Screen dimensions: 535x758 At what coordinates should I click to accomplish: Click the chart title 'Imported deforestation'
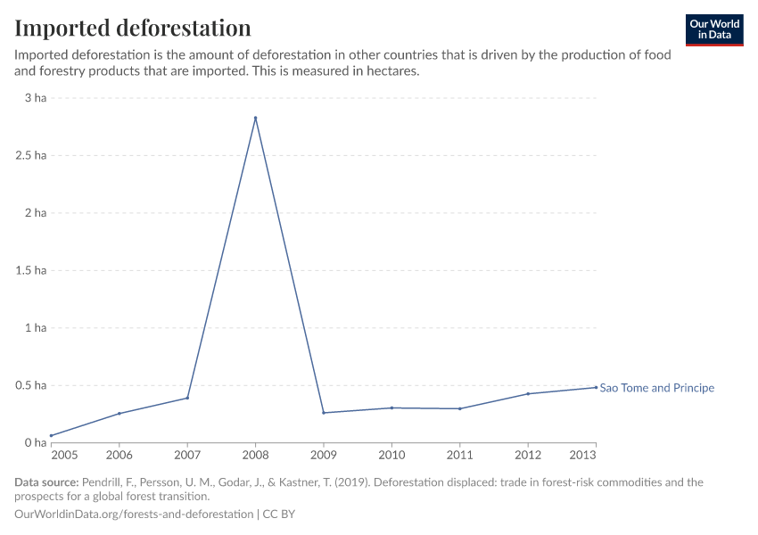click(x=133, y=28)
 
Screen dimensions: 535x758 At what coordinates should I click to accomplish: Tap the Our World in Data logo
click(x=713, y=29)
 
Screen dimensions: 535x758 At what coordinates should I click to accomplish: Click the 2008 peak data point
click(x=255, y=118)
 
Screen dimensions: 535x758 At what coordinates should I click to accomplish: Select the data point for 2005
click(x=51, y=436)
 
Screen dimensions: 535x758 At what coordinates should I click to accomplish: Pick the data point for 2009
click(x=324, y=413)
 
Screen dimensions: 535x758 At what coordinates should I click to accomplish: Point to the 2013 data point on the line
click(x=596, y=387)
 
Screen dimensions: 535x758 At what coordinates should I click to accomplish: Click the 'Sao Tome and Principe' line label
click(x=656, y=388)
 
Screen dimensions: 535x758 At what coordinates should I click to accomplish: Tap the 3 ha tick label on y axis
click(x=35, y=98)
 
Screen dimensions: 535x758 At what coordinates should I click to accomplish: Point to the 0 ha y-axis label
click(x=35, y=443)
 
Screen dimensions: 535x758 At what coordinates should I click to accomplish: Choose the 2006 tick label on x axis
click(x=119, y=456)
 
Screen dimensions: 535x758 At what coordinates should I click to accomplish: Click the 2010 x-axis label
click(x=391, y=456)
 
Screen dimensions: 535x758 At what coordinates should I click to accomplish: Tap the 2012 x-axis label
click(x=528, y=456)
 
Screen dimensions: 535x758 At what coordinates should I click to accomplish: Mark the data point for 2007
click(x=187, y=398)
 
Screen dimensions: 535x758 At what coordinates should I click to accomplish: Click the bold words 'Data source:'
click(x=46, y=482)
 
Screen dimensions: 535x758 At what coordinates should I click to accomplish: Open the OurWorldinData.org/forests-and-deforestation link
click(x=134, y=514)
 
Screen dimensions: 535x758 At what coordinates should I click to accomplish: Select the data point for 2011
click(x=459, y=408)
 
